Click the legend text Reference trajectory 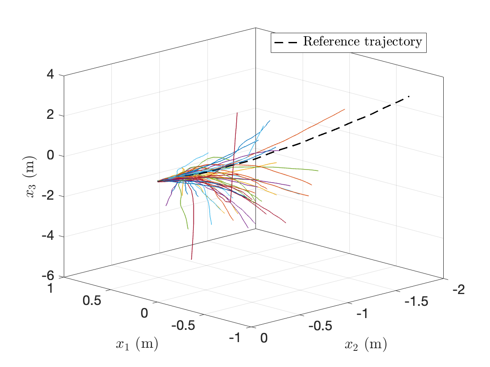click(362, 42)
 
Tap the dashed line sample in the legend click(286, 42)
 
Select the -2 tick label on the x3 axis click(47, 196)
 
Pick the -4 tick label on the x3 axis click(47, 236)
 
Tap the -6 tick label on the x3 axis click(47, 276)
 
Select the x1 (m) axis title click(137, 344)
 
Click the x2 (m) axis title click(366, 345)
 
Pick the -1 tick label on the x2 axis click(364, 314)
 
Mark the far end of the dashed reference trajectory click(409, 96)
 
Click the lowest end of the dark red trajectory click(191, 260)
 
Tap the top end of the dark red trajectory click(237, 113)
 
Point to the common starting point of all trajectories click(158, 181)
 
